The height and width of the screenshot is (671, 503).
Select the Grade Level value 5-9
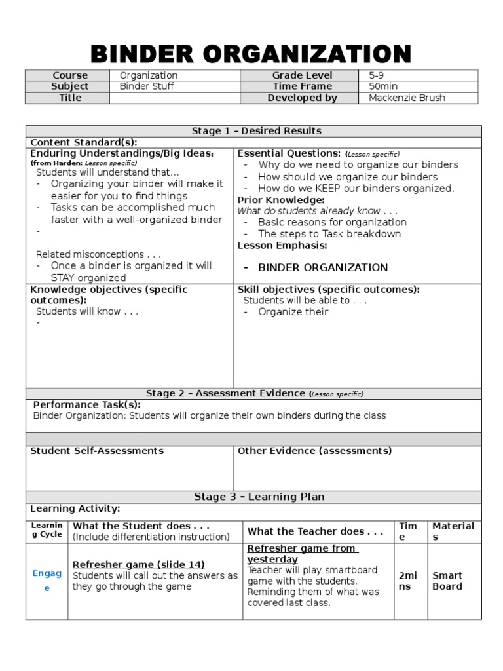point(376,75)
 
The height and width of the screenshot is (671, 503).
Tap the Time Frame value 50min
point(383,86)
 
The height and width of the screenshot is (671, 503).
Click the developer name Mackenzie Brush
point(407,98)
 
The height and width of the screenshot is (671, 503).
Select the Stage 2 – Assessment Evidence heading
point(254,394)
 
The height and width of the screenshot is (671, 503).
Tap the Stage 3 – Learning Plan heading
point(259,497)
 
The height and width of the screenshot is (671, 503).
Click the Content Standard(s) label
point(84,142)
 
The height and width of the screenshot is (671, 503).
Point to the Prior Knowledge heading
point(281,200)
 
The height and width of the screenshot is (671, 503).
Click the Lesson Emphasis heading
point(282,246)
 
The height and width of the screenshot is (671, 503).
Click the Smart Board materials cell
point(447,581)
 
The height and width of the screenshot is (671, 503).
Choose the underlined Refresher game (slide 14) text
point(138,564)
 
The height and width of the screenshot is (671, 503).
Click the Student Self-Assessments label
point(97,451)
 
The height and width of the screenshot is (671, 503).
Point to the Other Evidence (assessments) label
point(314,451)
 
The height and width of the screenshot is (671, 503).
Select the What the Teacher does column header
point(315,531)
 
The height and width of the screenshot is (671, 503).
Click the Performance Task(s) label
point(86,405)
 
